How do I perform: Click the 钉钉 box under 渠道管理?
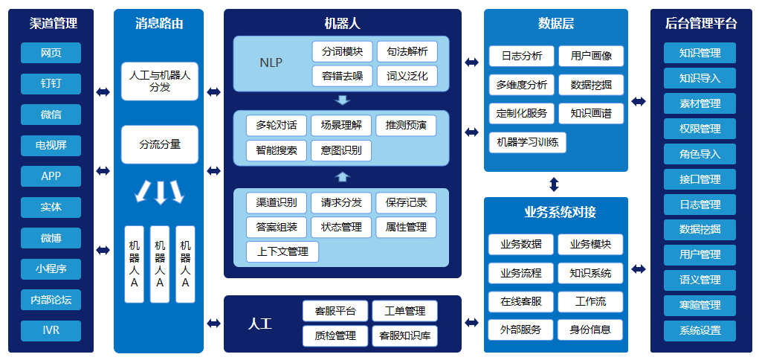click(51, 83)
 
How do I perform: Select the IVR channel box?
click(51, 330)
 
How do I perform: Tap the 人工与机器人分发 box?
click(160, 81)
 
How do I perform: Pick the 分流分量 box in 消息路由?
click(160, 144)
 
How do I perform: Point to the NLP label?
click(271, 63)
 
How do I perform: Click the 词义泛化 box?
click(407, 76)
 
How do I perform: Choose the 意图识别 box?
click(341, 150)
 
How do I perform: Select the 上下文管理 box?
click(282, 251)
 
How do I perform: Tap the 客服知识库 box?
click(404, 335)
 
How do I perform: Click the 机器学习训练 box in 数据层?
click(527, 142)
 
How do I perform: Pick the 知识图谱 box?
click(591, 113)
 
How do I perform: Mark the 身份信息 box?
click(590, 330)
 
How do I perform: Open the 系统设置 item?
click(700, 330)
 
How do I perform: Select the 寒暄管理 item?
click(700, 305)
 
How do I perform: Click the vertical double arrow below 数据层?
click(554, 184)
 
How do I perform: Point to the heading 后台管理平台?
click(700, 24)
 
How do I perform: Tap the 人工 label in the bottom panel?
click(260, 324)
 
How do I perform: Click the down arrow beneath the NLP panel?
click(341, 100)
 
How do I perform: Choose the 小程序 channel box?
click(51, 269)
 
